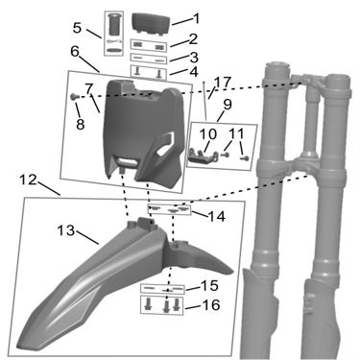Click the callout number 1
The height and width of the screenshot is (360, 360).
pyautogui.click(x=196, y=18)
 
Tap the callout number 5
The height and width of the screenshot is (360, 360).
pyautogui.click(x=77, y=28)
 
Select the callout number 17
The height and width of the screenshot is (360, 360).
pyautogui.click(x=222, y=83)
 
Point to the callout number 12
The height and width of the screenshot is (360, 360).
pyautogui.click(x=28, y=180)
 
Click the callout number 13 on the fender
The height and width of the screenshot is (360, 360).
pyautogui.click(x=66, y=230)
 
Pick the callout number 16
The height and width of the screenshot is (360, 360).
pyautogui.click(x=211, y=305)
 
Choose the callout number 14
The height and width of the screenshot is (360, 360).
pyautogui.click(x=217, y=216)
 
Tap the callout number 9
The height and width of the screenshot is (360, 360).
pyautogui.click(x=228, y=104)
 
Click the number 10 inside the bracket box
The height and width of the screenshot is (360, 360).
pyautogui.click(x=209, y=133)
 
